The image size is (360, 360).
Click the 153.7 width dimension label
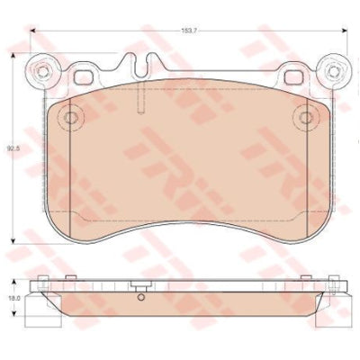[x=190, y=31]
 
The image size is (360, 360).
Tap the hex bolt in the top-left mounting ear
[x=43, y=71]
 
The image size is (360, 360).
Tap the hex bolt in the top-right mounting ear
[x=333, y=71]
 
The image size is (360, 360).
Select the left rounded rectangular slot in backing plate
[x=84, y=77]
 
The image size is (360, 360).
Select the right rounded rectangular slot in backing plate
[x=293, y=77]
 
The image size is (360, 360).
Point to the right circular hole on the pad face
[x=306, y=117]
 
